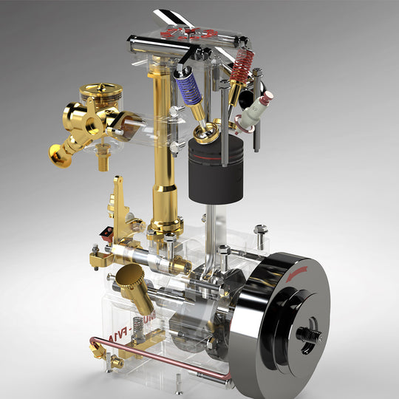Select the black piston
tap(216, 171)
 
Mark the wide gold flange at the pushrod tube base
tap(166, 222)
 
